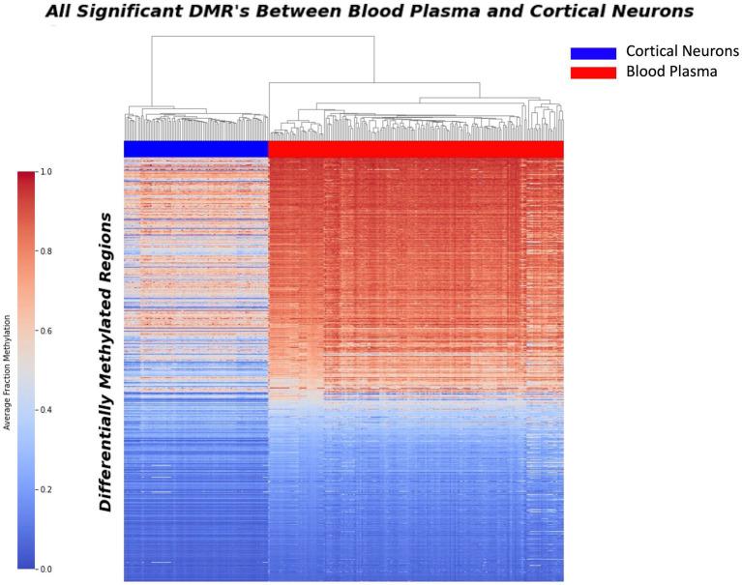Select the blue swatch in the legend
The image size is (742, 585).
click(593, 52)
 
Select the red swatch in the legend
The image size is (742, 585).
click(593, 73)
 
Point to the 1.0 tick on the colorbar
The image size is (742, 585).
click(45, 172)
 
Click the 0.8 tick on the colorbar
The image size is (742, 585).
click(45, 251)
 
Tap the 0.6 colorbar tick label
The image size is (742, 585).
click(45, 331)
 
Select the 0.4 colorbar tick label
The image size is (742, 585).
click(45, 410)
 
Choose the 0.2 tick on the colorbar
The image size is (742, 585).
click(45, 490)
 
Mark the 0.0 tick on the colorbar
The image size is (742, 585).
click(45, 570)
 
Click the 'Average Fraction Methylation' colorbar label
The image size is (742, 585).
click(8, 371)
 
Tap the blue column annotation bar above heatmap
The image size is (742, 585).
click(195, 149)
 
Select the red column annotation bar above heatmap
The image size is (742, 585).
click(416, 149)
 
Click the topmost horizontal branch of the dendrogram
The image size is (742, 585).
click(262, 37)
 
